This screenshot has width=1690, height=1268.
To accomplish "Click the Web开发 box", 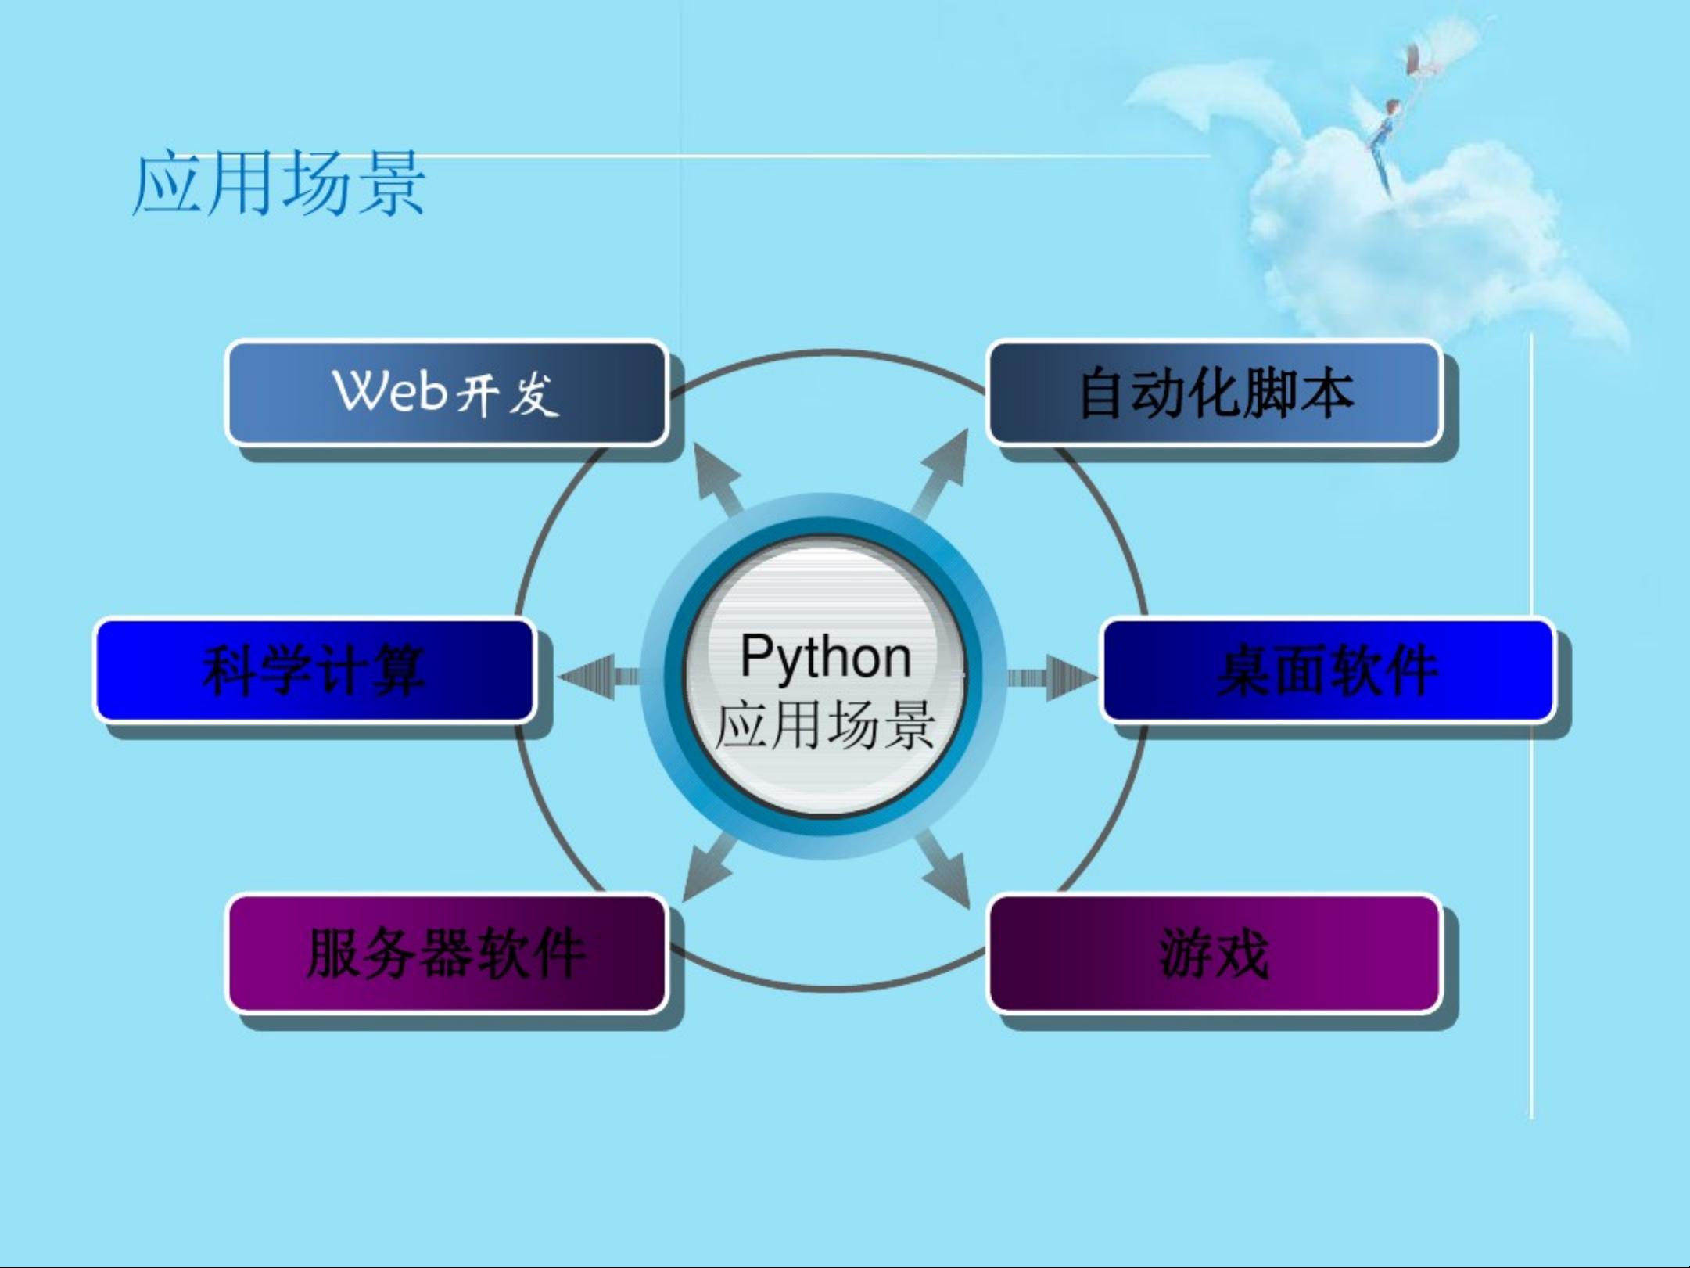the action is [447, 393].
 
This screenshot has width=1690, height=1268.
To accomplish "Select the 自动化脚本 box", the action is [1215, 393].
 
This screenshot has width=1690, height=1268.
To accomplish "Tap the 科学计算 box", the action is [315, 670].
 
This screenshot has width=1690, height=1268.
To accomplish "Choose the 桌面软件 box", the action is [1328, 670].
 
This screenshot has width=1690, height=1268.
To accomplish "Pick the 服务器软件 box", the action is [447, 954].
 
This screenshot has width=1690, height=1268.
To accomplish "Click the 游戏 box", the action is [1215, 954].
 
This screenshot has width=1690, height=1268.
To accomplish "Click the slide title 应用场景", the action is [279, 184].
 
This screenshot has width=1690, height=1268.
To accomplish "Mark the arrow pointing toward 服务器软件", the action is [710, 867].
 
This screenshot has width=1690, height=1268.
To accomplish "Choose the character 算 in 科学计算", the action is [399, 670].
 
